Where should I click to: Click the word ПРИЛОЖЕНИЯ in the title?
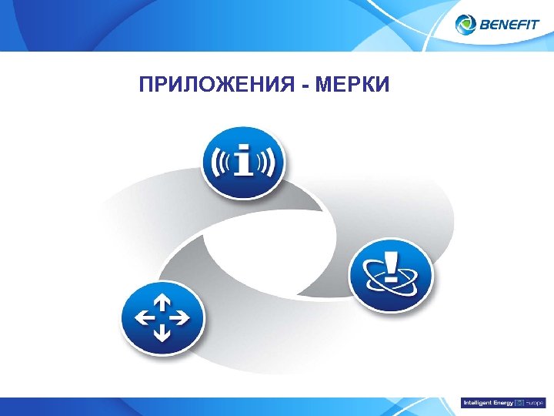click(218, 83)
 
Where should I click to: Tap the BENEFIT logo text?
click(509, 25)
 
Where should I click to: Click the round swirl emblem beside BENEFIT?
click(466, 25)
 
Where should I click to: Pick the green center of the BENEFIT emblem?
click(466, 25)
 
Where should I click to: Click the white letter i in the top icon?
click(244, 161)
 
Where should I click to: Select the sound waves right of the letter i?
click(266, 161)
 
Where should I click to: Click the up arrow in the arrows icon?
click(162, 301)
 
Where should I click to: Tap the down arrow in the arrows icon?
click(162, 333)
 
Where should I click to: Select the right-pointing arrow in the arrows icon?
click(180, 317)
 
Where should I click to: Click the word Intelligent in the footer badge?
click(476, 403)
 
